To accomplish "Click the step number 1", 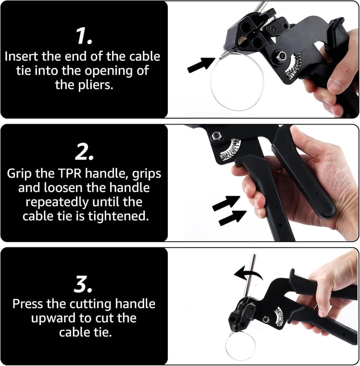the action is coord(84,36).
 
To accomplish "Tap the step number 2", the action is coord(84,152).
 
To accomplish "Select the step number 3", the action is coord(83,284).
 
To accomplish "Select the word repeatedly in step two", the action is coord(58,202).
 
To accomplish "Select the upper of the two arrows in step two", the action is coord(226,203).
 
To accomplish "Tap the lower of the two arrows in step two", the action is coord(233,218).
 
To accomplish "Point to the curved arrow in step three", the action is coord(248,273).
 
